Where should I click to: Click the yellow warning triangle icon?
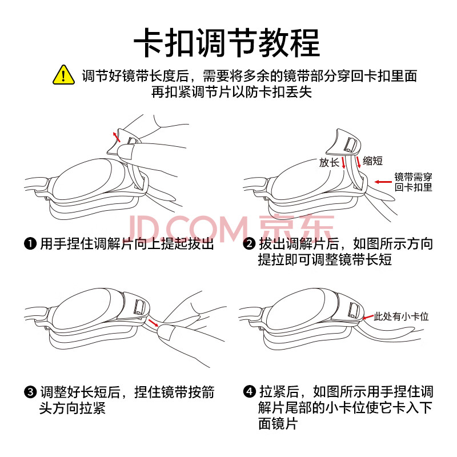(x=63, y=75)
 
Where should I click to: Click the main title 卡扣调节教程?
(x=227, y=43)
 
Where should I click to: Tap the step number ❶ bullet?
(x=30, y=244)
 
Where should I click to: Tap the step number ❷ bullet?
(x=249, y=244)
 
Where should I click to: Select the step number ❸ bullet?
(x=30, y=392)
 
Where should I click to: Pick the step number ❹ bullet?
(x=249, y=391)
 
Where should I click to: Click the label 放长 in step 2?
(x=329, y=162)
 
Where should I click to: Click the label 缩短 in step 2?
(x=372, y=161)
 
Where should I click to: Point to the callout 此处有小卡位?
(x=401, y=316)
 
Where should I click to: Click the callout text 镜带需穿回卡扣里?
(x=413, y=182)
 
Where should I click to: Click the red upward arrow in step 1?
(x=117, y=137)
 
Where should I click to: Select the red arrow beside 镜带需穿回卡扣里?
(x=383, y=182)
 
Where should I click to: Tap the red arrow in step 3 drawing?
(x=153, y=323)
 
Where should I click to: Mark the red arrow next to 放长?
(x=343, y=162)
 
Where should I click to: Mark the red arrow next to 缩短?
(x=358, y=162)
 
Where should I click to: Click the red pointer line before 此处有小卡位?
(x=368, y=317)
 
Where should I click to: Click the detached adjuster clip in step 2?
(x=344, y=142)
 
